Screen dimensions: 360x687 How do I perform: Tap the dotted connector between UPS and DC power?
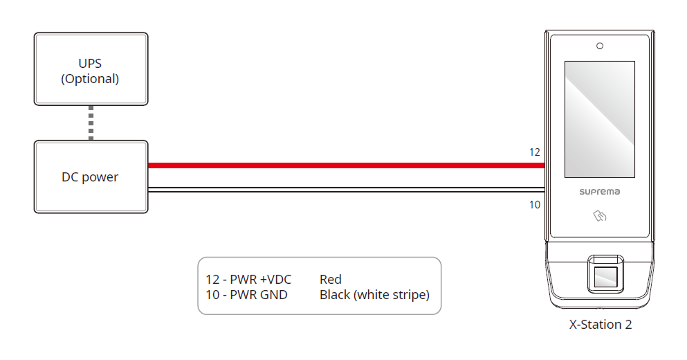(x=91, y=123)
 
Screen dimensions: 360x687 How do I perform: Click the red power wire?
(x=346, y=165)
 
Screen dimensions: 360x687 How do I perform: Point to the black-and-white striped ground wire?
(x=346, y=190)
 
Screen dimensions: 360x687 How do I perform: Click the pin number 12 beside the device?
(x=534, y=152)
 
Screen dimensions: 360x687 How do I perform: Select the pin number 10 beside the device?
(x=534, y=204)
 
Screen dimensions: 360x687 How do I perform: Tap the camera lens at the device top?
(x=600, y=46)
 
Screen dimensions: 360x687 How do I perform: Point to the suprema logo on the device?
(x=599, y=191)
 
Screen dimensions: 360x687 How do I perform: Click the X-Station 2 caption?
(x=600, y=324)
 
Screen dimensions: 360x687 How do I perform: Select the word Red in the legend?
(x=331, y=280)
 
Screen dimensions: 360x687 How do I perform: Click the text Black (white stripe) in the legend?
(x=374, y=295)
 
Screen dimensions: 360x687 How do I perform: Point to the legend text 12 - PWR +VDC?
(x=248, y=280)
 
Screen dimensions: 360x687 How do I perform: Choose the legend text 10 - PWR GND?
(x=246, y=295)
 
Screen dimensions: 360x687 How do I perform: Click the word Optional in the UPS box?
(x=90, y=79)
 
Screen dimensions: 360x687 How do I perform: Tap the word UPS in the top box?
(x=90, y=64)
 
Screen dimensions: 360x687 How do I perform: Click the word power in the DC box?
(x=100, y=177)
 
